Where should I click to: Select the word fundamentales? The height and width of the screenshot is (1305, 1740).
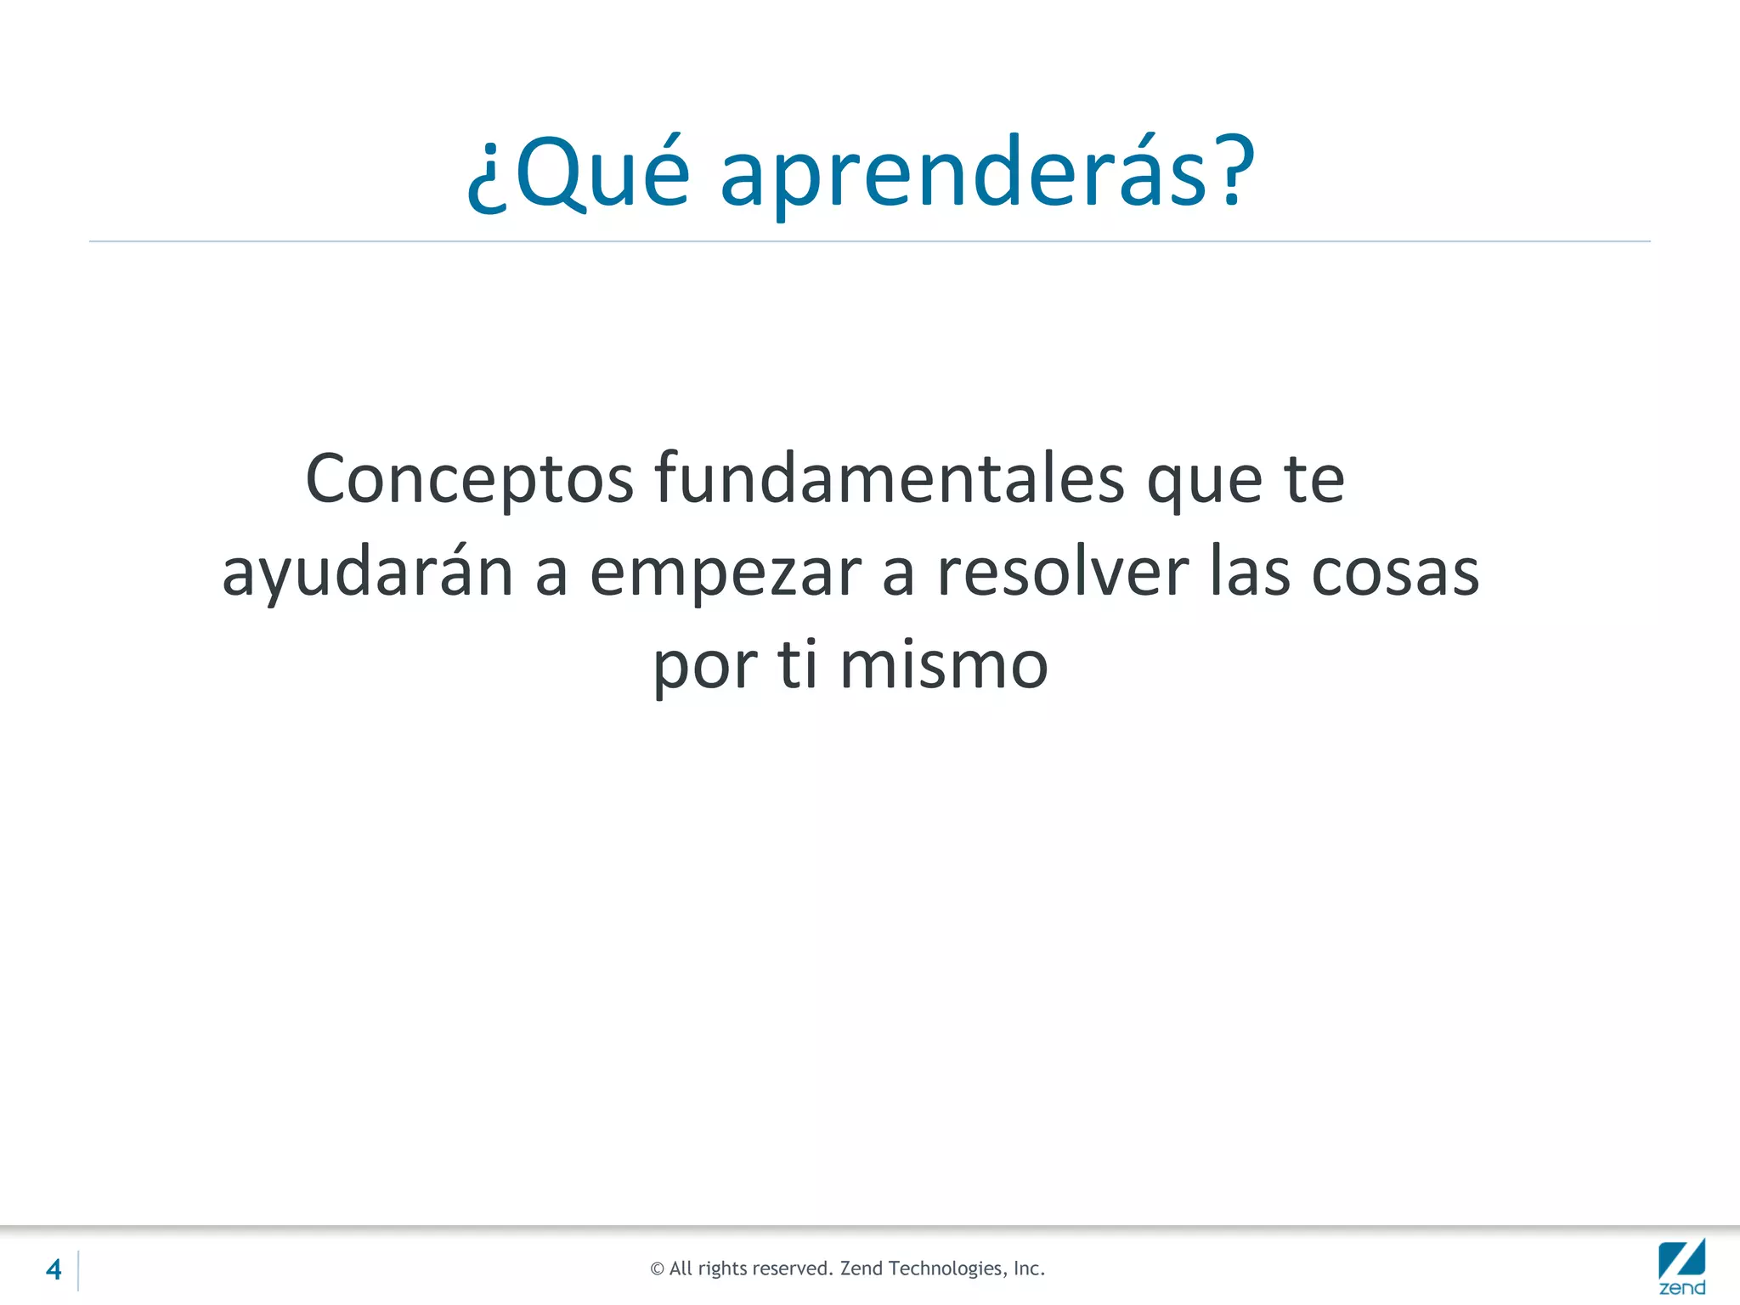tap(890, 478)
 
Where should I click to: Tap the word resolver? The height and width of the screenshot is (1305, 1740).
tap(1062, 572)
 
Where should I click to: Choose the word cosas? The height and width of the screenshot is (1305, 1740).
tap(1395, 572)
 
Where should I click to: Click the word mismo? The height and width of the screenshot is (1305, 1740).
tap(944, 664)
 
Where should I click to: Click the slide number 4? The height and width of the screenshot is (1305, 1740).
tap(54, 1269)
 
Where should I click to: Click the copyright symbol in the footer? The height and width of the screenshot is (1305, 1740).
tap(657, 1269)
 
